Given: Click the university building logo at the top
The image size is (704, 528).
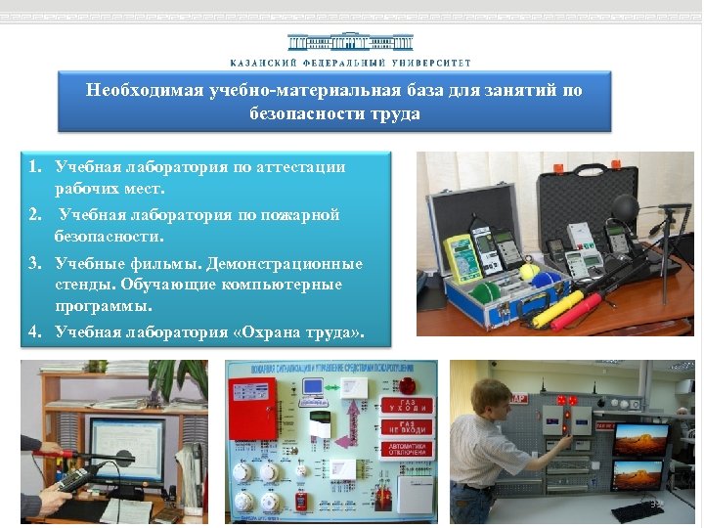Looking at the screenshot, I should pyautogui.click(x=350, y=43).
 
